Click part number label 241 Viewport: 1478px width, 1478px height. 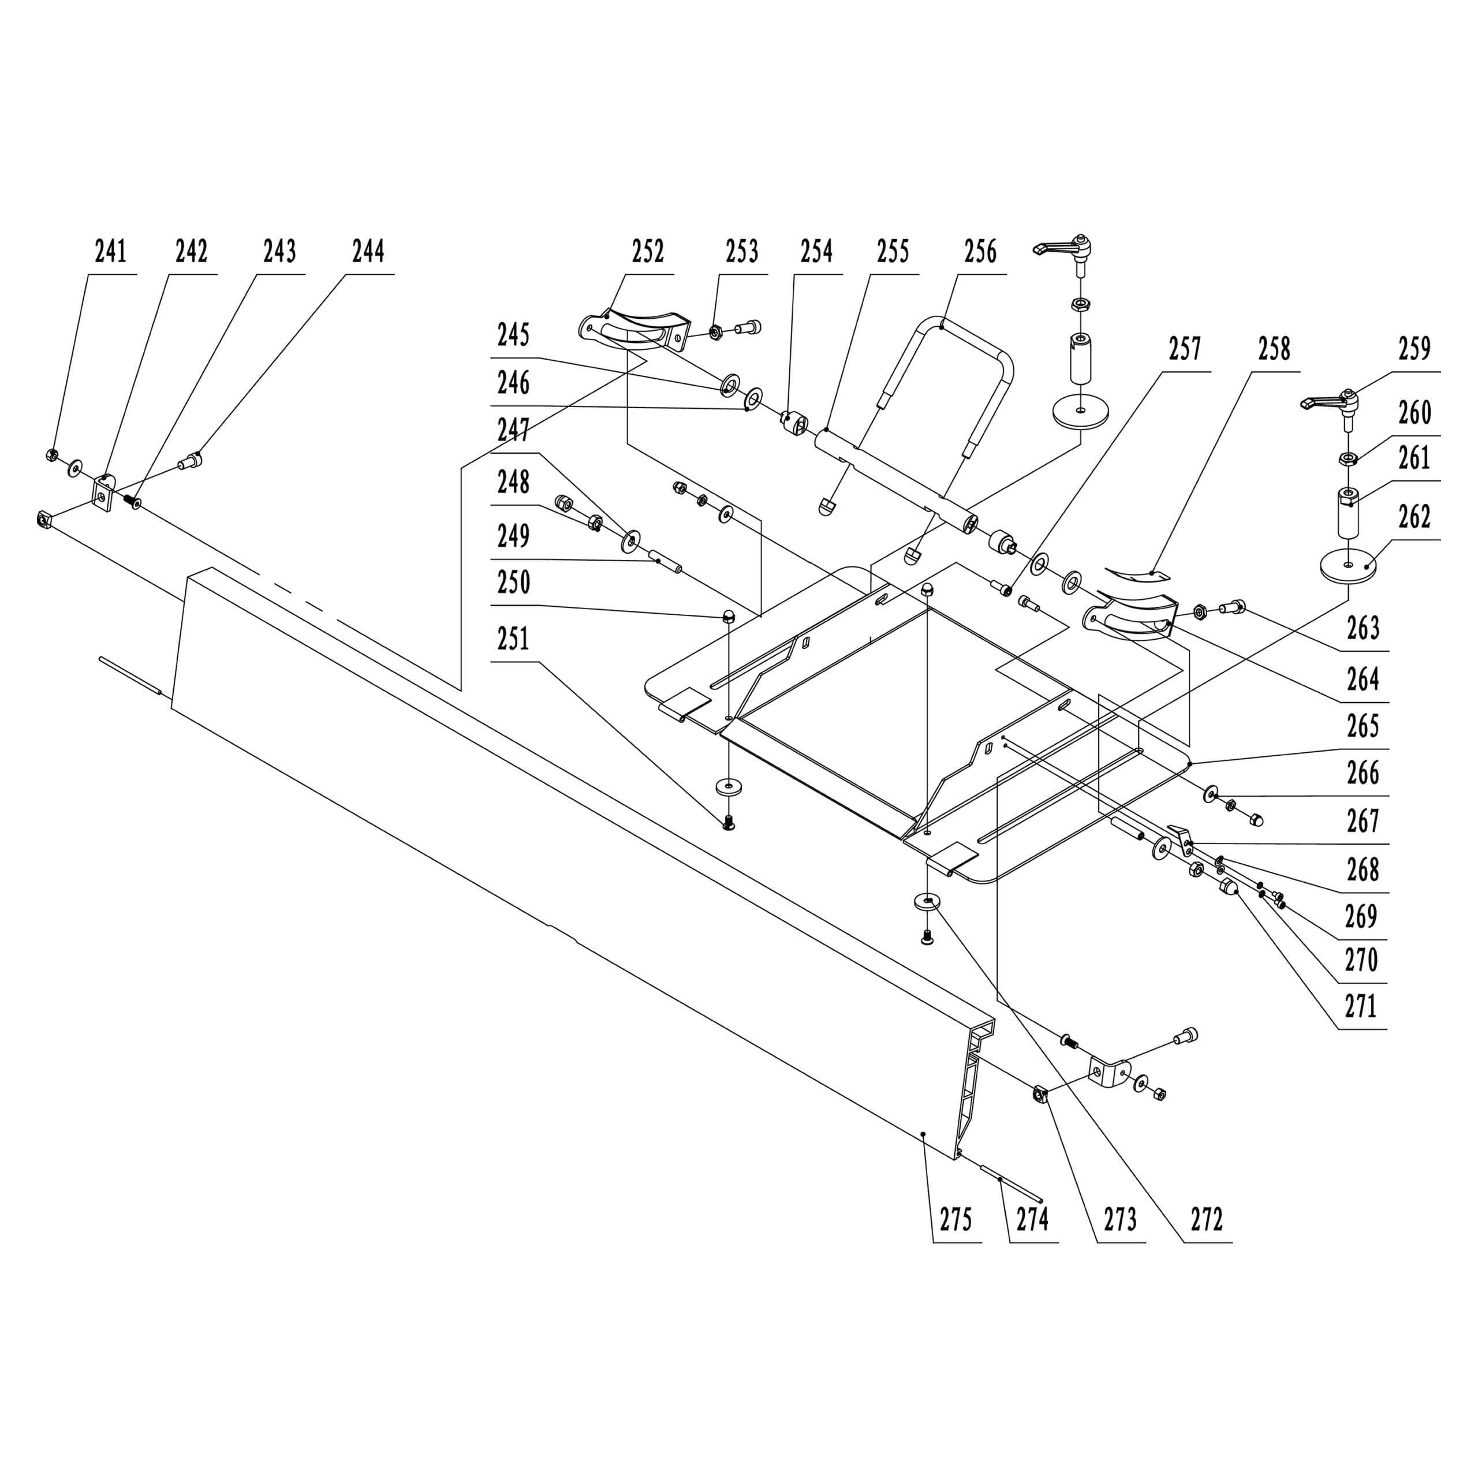point(111,252)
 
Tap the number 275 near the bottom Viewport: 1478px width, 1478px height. point(956,1219)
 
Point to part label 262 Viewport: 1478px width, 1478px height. point(1414,518)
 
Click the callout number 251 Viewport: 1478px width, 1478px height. point(513,639)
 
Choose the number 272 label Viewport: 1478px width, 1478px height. point(1207,1219)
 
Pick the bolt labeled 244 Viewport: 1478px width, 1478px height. point(191,461)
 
